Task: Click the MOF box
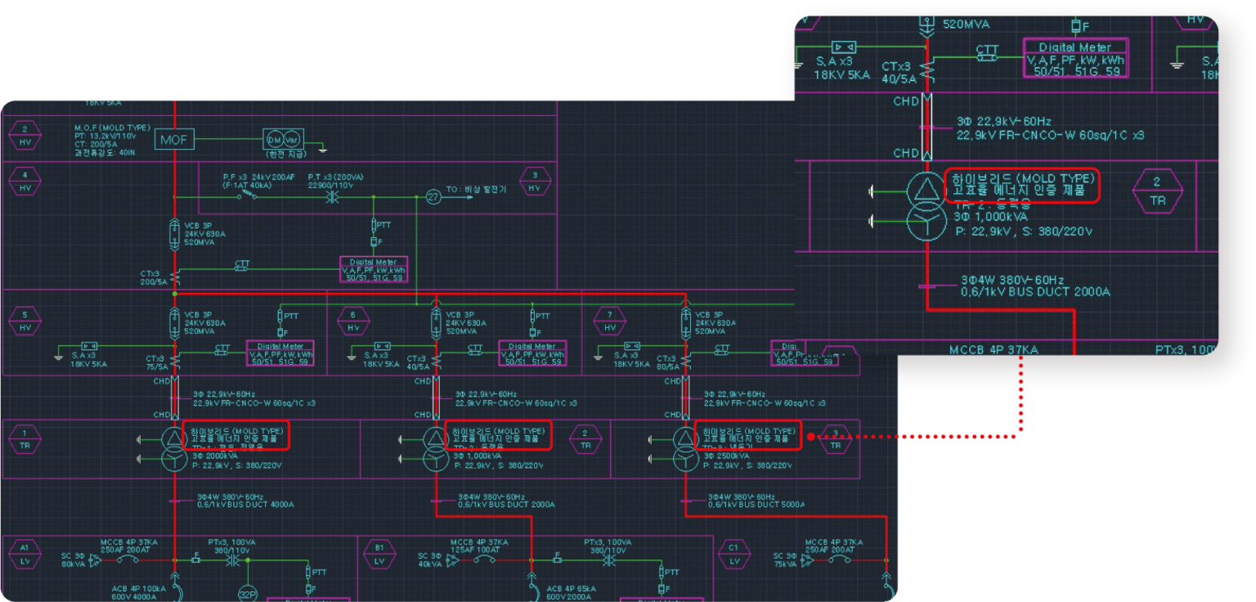tap(173, 140)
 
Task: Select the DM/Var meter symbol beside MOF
tap(283, 140)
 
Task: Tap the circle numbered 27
tap(433, 196)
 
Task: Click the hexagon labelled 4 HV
tap(25, 181)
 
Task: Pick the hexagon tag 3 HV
tap(535, 181)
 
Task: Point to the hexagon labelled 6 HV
tap(353, 321)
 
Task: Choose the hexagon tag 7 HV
tap(609, 321)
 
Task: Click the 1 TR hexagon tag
tap(25, 439)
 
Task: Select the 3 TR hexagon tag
tap(835, 439)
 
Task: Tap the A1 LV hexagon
tap(25, 554)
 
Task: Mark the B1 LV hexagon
tap(379, 554)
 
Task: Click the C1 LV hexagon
tap(733, 554)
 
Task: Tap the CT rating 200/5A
tap(153, 281)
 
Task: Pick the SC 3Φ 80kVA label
tap(73, 560)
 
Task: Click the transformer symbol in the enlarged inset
tap(926, 207)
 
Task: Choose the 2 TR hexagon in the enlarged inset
tap(1156, 191)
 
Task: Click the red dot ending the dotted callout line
tap(810, 437)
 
